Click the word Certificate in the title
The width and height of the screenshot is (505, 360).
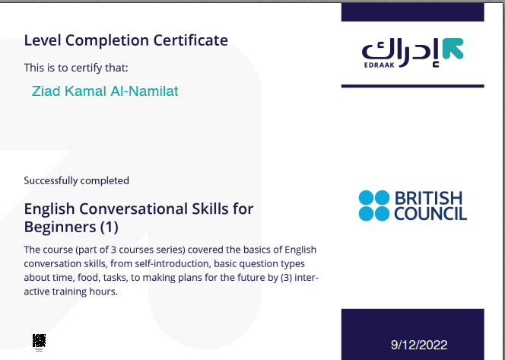(191, 40)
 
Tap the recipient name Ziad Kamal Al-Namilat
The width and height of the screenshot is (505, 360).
(105, 91)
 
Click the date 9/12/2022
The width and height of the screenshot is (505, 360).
(419, 346)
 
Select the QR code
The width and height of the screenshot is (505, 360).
(39, 341)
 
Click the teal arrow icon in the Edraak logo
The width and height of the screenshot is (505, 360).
(453, 49)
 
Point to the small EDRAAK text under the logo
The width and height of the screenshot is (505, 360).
(379, 65)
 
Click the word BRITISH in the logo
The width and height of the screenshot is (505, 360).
(429, 198)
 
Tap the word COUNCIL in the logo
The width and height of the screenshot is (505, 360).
(430, 213)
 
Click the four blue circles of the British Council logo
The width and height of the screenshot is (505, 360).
(374, 205)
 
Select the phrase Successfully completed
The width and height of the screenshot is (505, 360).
(76, 181)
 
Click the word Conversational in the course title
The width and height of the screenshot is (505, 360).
(134, 209)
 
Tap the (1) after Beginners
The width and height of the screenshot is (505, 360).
(110, 227)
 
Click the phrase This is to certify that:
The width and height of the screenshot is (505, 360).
(76, 68)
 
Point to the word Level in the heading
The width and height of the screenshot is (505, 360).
(43, 40)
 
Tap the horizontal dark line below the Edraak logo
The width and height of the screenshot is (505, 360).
(412, 86)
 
